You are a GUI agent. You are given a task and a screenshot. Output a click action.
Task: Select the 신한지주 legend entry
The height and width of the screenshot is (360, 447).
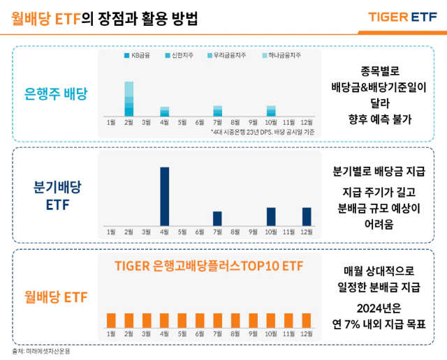coord(181,55)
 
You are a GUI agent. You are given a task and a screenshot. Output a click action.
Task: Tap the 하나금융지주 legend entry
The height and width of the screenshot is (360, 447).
coord(281,55)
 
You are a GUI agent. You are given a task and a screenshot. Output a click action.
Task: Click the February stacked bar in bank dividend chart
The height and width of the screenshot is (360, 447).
coord(129,98)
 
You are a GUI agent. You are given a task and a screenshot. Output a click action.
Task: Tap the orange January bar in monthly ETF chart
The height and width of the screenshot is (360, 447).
coord(111,320)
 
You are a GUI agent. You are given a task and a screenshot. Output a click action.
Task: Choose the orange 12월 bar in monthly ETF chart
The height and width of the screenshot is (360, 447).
coord(306,320)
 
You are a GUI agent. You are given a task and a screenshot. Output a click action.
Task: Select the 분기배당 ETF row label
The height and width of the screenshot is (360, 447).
coord(57,196)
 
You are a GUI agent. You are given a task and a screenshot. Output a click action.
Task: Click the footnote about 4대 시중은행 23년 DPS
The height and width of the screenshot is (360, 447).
coord(262,131)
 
